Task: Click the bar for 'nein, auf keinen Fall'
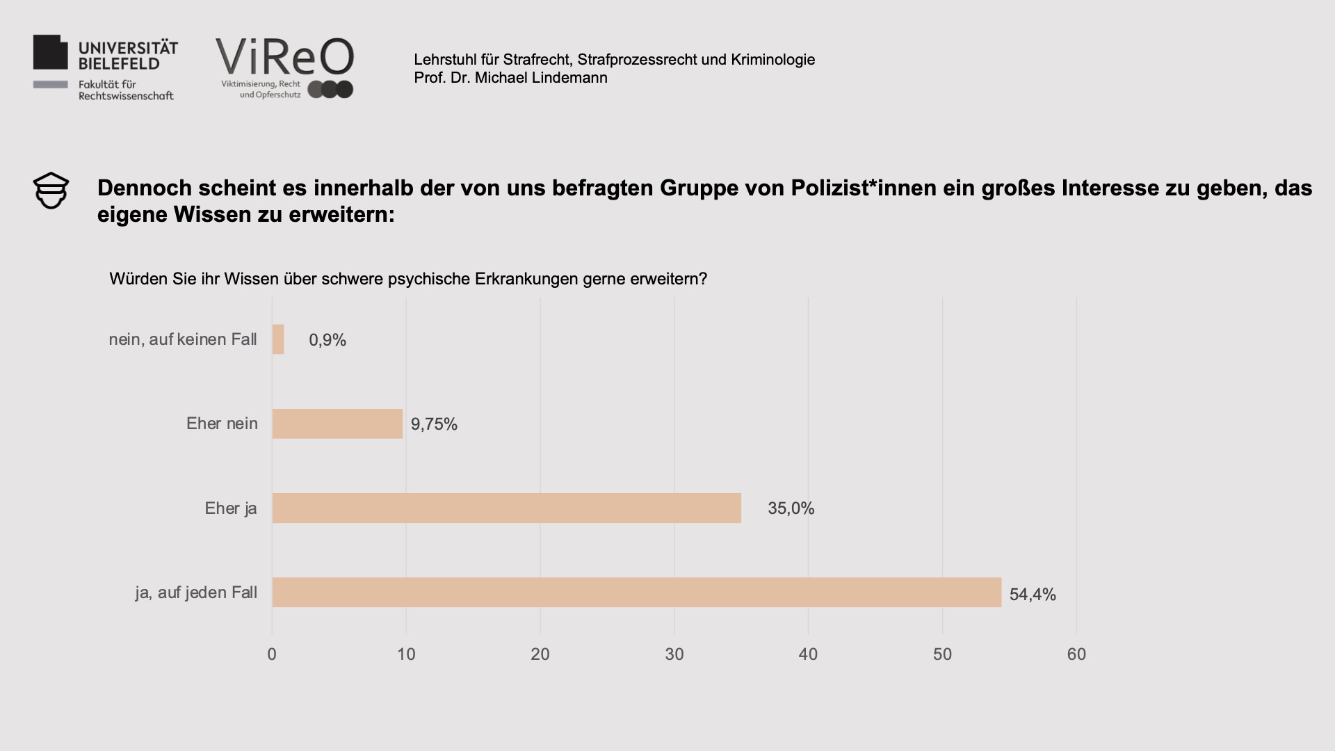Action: click(x=278, y=339)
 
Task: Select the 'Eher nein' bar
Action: click(x=337, y=423)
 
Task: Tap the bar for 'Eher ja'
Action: click(x=506, y=508)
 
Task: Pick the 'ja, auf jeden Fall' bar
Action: click(x=636, y=592)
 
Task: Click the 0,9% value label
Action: click(x=327, y=340)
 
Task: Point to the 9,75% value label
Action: click(x=434, y=424)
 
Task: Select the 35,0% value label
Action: click(x=791, y=508)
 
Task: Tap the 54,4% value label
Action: click(x=1033, y=595)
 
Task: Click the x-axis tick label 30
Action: click(x=674, y=654)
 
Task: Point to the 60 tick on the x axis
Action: click(x=1076, y=654)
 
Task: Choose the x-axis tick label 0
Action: click(x=272, y=654)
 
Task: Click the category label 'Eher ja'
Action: click(x=231, y=508)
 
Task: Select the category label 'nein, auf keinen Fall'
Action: click(x=183, y=339)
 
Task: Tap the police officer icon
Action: click(x=51, y=191)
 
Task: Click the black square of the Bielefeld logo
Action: click(x=51, y=52)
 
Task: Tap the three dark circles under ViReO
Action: click(x=330, y=90)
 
